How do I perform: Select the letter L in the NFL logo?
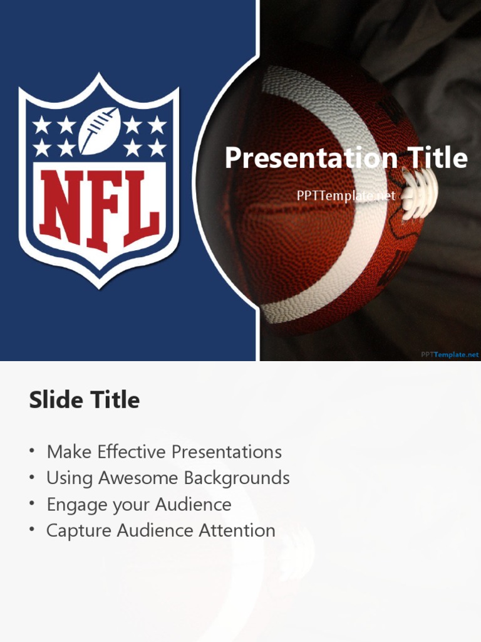[x=141, y=208]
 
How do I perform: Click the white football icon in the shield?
[x=99, y=130]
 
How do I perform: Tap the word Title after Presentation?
[x=438, y=158]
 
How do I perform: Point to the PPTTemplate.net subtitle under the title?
[x=346, y=196]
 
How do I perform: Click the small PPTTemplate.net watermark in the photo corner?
[x=450, y=354]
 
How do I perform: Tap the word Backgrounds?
[x=237, y=478]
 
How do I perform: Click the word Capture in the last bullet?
[x=78, y=531]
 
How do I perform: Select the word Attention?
[x=237, y=531]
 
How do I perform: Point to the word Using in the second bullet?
[x=69, y=479]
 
